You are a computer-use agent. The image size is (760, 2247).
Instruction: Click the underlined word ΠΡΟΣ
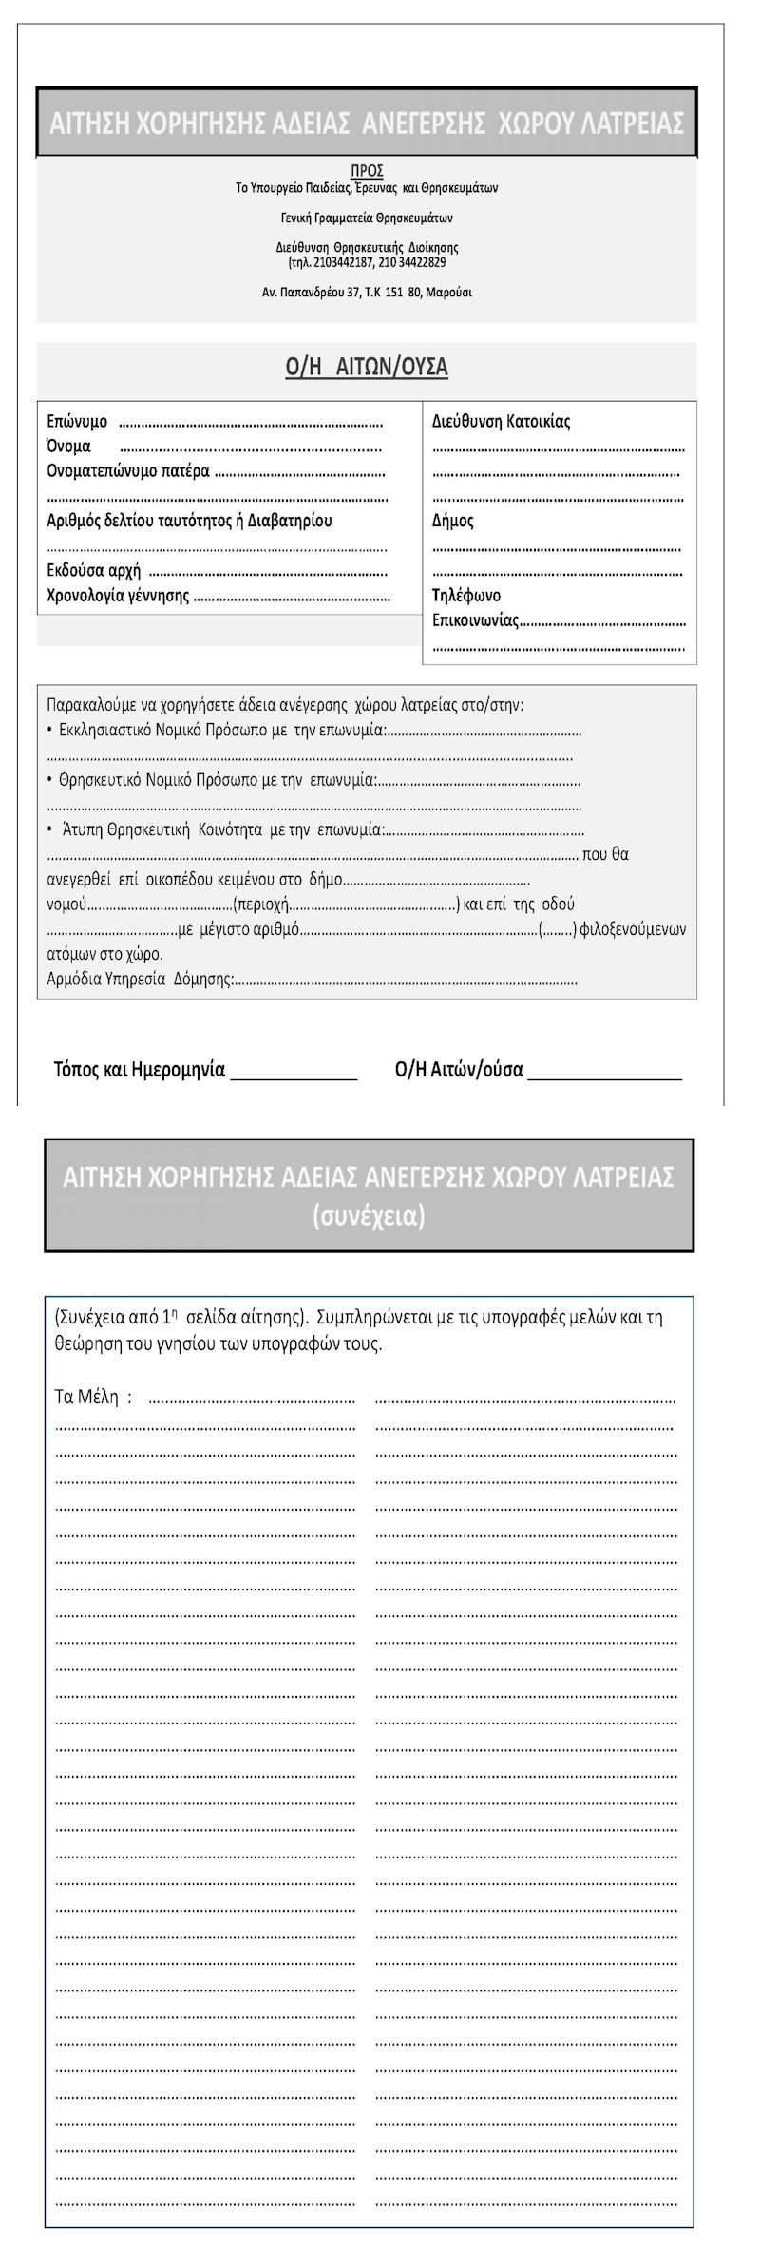click(367, 172)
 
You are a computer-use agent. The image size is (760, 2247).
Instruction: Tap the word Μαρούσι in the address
click(448, 293)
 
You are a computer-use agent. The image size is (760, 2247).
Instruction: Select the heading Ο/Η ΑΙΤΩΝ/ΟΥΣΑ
click(367, 368)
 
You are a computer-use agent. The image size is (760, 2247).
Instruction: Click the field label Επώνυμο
click(77, 421)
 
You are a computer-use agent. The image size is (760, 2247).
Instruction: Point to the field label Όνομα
click(68, 447)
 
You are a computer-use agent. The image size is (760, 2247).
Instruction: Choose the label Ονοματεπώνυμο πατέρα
click(128, 471)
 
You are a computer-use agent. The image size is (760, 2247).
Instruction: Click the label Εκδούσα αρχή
click(94, 571)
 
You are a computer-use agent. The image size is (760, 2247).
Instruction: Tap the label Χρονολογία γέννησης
click(118, 597)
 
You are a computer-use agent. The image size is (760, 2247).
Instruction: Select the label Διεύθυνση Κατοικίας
click(501, 421)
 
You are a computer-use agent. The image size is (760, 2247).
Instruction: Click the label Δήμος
click(452, 521)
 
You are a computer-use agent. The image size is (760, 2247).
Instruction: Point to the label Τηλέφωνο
click(465, 596)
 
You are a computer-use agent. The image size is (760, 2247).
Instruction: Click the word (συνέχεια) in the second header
click(368, 1217)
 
